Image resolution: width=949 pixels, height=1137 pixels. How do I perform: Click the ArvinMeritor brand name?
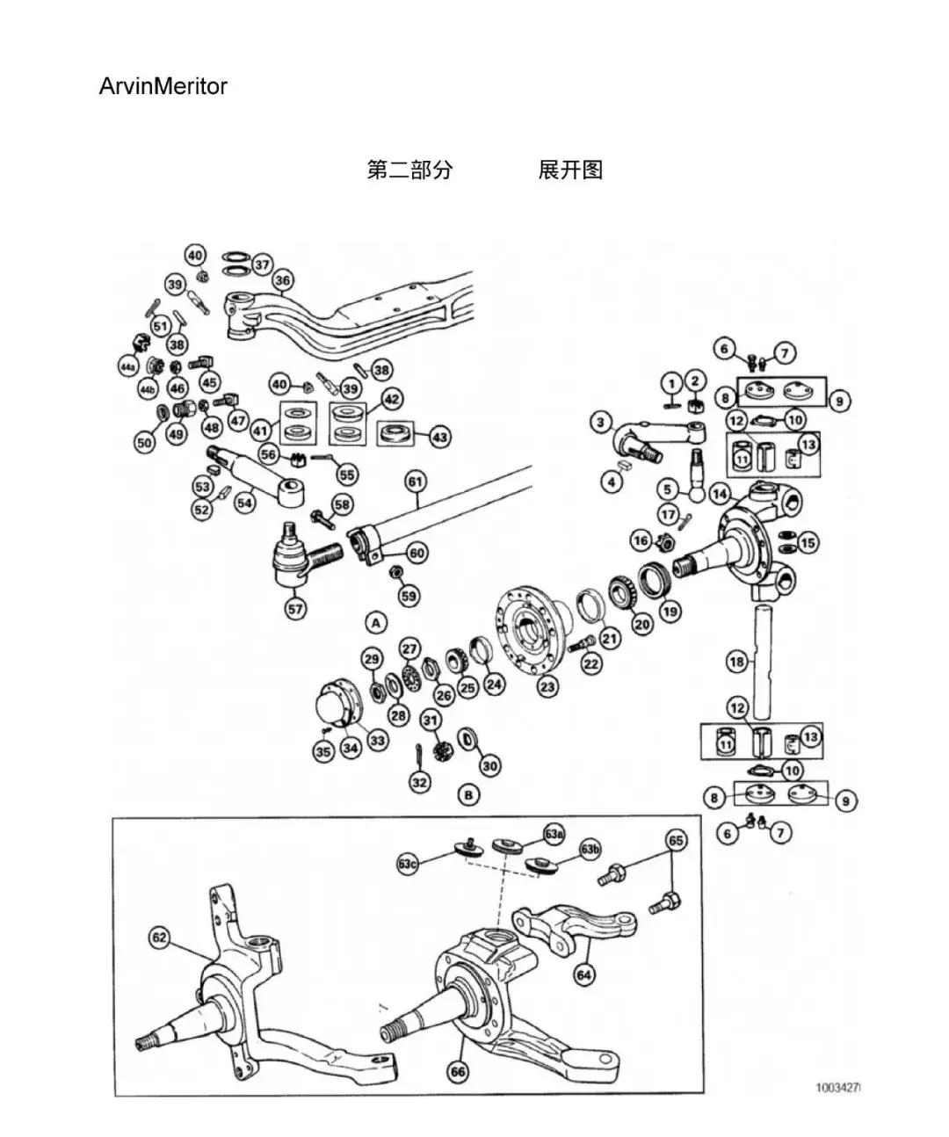point(163,86)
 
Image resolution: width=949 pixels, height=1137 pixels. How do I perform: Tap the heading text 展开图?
point(570,170)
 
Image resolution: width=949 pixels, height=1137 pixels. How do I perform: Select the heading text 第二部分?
point(409,170)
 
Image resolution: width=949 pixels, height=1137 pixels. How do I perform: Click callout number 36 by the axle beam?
point(283,280)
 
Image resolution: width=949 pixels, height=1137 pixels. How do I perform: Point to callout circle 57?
point(296,607)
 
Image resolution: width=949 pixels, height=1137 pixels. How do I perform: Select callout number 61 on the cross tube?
point(415,482)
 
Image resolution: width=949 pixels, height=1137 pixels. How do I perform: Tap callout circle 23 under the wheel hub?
point(547,686)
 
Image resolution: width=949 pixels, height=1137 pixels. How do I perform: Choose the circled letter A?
point(376,623)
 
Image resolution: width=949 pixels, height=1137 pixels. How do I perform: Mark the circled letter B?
point(469,795)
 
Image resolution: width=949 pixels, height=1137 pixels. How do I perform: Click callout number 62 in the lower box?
point(159,938)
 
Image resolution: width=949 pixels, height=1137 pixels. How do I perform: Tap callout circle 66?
point(458,1071)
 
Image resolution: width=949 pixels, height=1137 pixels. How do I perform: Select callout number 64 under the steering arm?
point(583,974)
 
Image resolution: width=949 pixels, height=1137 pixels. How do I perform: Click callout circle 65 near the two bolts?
point(675,841)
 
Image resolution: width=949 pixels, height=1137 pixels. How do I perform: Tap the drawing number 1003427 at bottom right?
point(837,1087)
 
